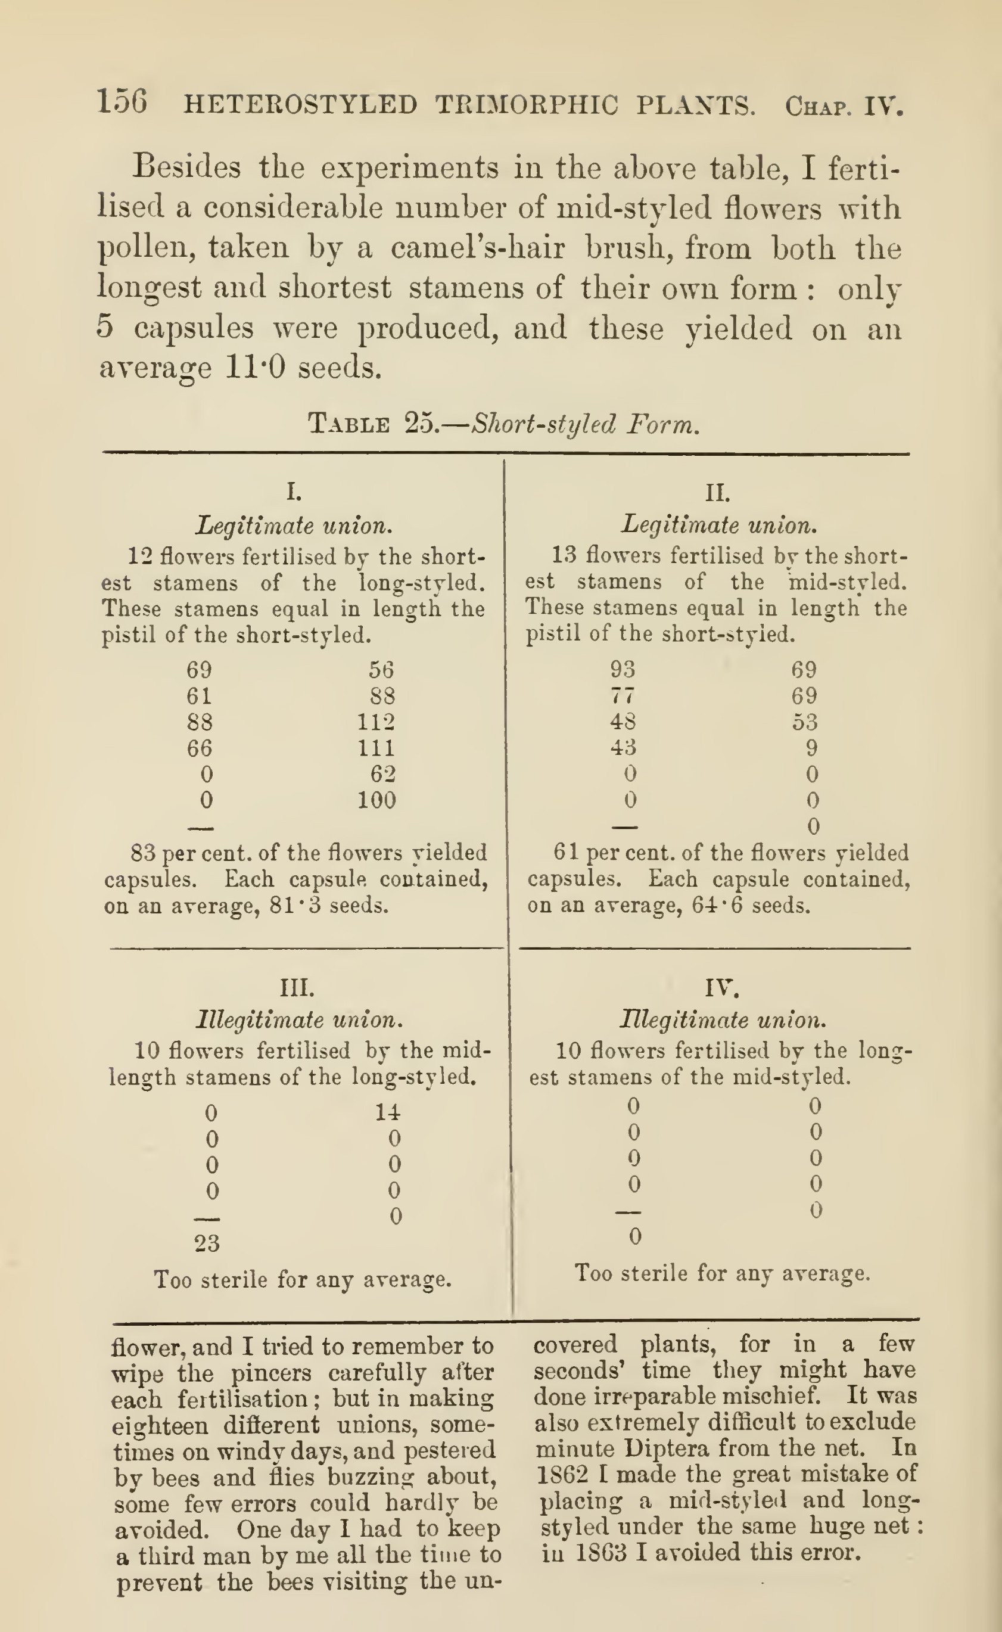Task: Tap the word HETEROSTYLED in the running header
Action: coord(300,105)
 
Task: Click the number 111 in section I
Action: coord(376,748)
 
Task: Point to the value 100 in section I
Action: coord(376,801)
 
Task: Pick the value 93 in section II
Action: coord(623,670)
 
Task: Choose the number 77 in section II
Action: coord(623,696)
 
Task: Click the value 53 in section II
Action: coord(804,722)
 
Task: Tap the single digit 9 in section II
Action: coord(812,748)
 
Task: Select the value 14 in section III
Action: coord(388,1112)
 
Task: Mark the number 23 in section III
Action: coord(207,1243)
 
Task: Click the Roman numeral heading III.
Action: coord(295,988)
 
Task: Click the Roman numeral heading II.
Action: coord(718,493)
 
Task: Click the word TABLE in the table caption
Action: coord(349,424)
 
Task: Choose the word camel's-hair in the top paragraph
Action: coord(477,248)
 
